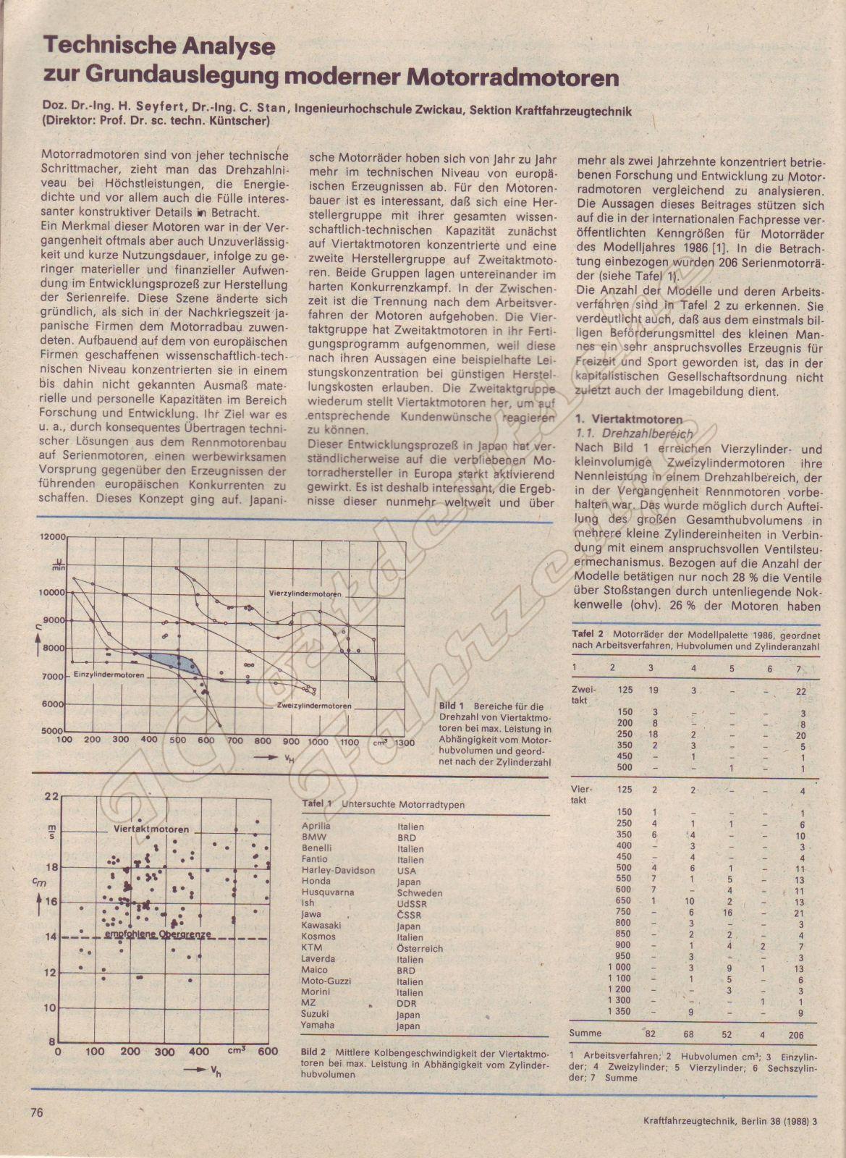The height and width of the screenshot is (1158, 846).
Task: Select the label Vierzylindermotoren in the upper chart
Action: pos(305,593)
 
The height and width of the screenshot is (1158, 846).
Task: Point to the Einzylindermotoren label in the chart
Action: pos(108,675)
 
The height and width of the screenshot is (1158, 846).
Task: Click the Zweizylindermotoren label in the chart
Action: pos(314,706)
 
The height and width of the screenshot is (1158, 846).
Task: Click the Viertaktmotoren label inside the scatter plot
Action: pos(152,829)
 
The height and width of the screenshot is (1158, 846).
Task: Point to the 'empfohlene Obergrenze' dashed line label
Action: pos(157,934)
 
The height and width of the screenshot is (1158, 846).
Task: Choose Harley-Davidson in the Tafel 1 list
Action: pos(338,870)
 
